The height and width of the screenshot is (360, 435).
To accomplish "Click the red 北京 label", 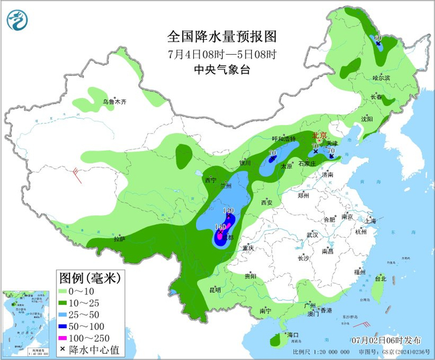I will tap(318, 135).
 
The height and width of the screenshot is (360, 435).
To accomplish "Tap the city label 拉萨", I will tap(120, 239).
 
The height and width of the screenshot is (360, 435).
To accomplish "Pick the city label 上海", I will tap(370, 221).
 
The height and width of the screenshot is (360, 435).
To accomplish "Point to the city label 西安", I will tap(267, 203).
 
